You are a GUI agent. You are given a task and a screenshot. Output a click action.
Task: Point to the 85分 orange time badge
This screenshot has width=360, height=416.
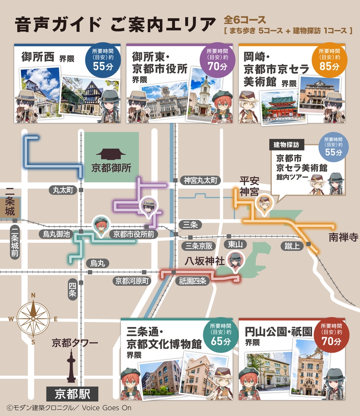[329, 61]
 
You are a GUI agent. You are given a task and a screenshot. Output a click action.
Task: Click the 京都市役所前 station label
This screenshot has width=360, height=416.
[134, 234]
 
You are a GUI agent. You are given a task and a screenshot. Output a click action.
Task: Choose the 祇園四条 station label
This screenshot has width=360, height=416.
[193, 281]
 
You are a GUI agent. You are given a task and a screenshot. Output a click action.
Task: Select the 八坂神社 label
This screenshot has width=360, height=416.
[205, 261]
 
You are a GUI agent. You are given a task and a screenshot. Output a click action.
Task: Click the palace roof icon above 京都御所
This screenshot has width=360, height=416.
[111, 154]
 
